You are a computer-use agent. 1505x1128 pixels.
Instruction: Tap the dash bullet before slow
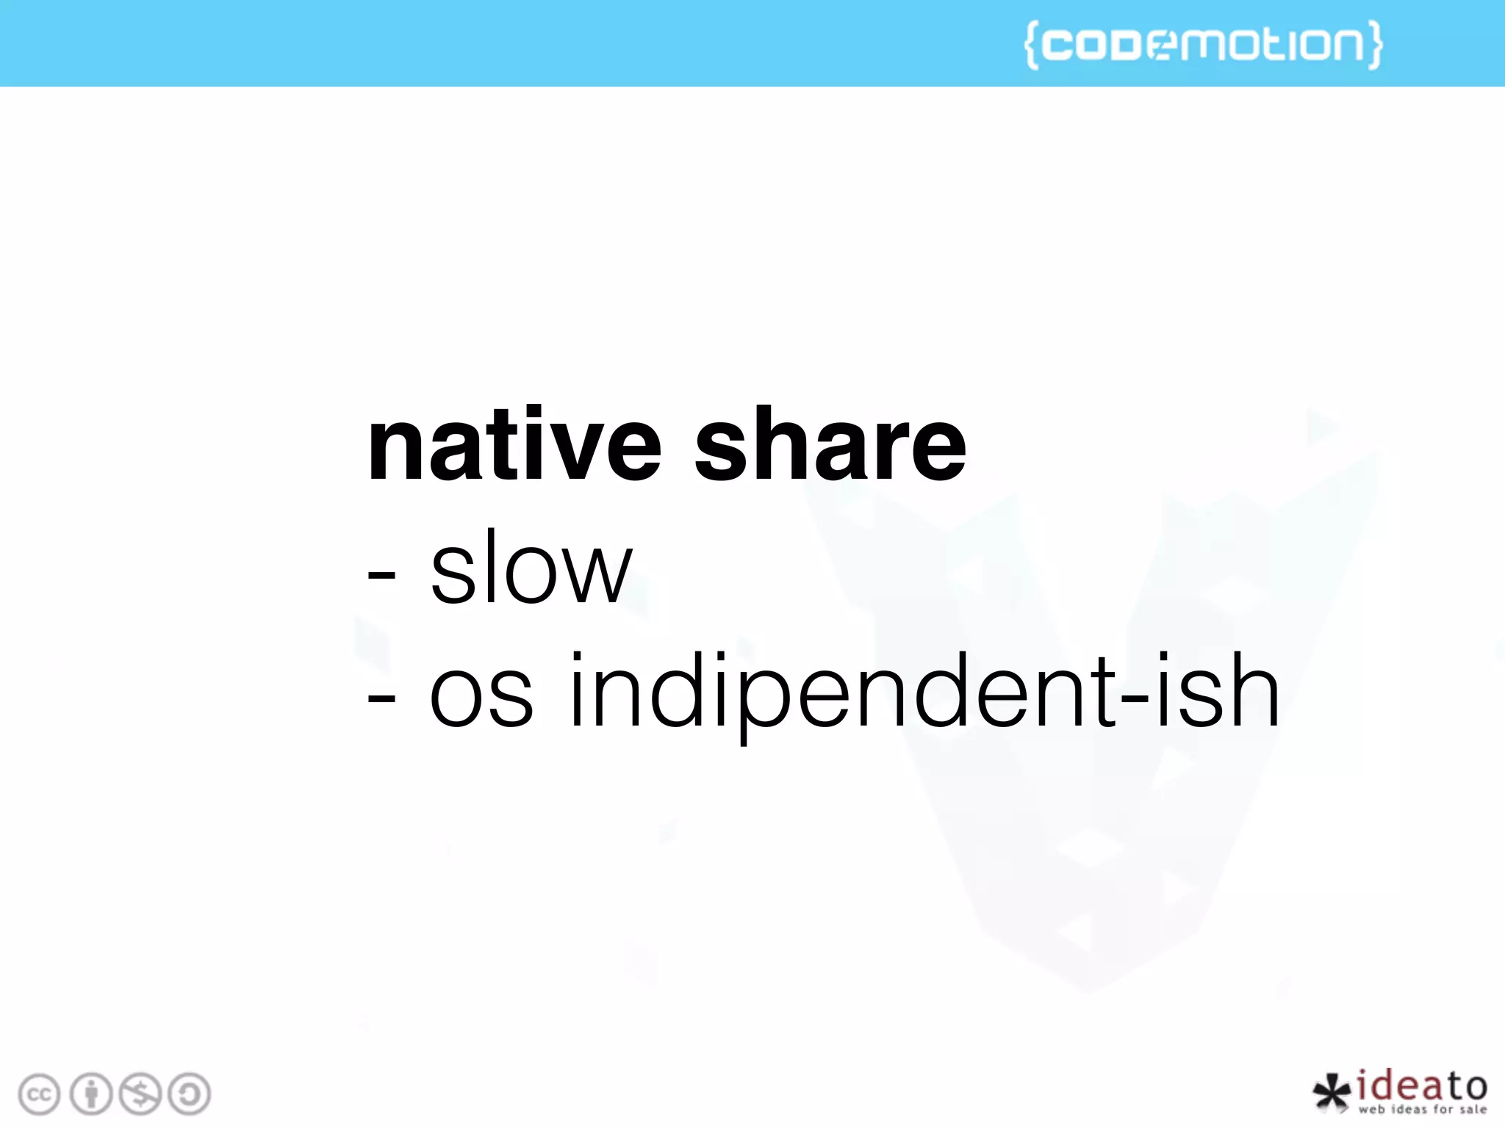point(381,577)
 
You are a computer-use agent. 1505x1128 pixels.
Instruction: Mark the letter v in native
point(566,452)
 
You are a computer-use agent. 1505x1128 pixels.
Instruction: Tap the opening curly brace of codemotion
point(1032,45)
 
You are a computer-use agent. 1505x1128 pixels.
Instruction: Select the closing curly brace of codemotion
point(1373,45)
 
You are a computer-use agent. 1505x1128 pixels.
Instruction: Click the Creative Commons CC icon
point(39,1094)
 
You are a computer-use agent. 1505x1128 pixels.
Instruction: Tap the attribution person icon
point(90,1094)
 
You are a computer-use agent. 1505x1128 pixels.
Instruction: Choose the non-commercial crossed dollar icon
point(140,1094)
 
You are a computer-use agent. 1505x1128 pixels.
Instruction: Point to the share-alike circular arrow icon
point(190,1094)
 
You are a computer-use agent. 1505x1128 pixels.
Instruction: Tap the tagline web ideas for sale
point(1423,1110)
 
